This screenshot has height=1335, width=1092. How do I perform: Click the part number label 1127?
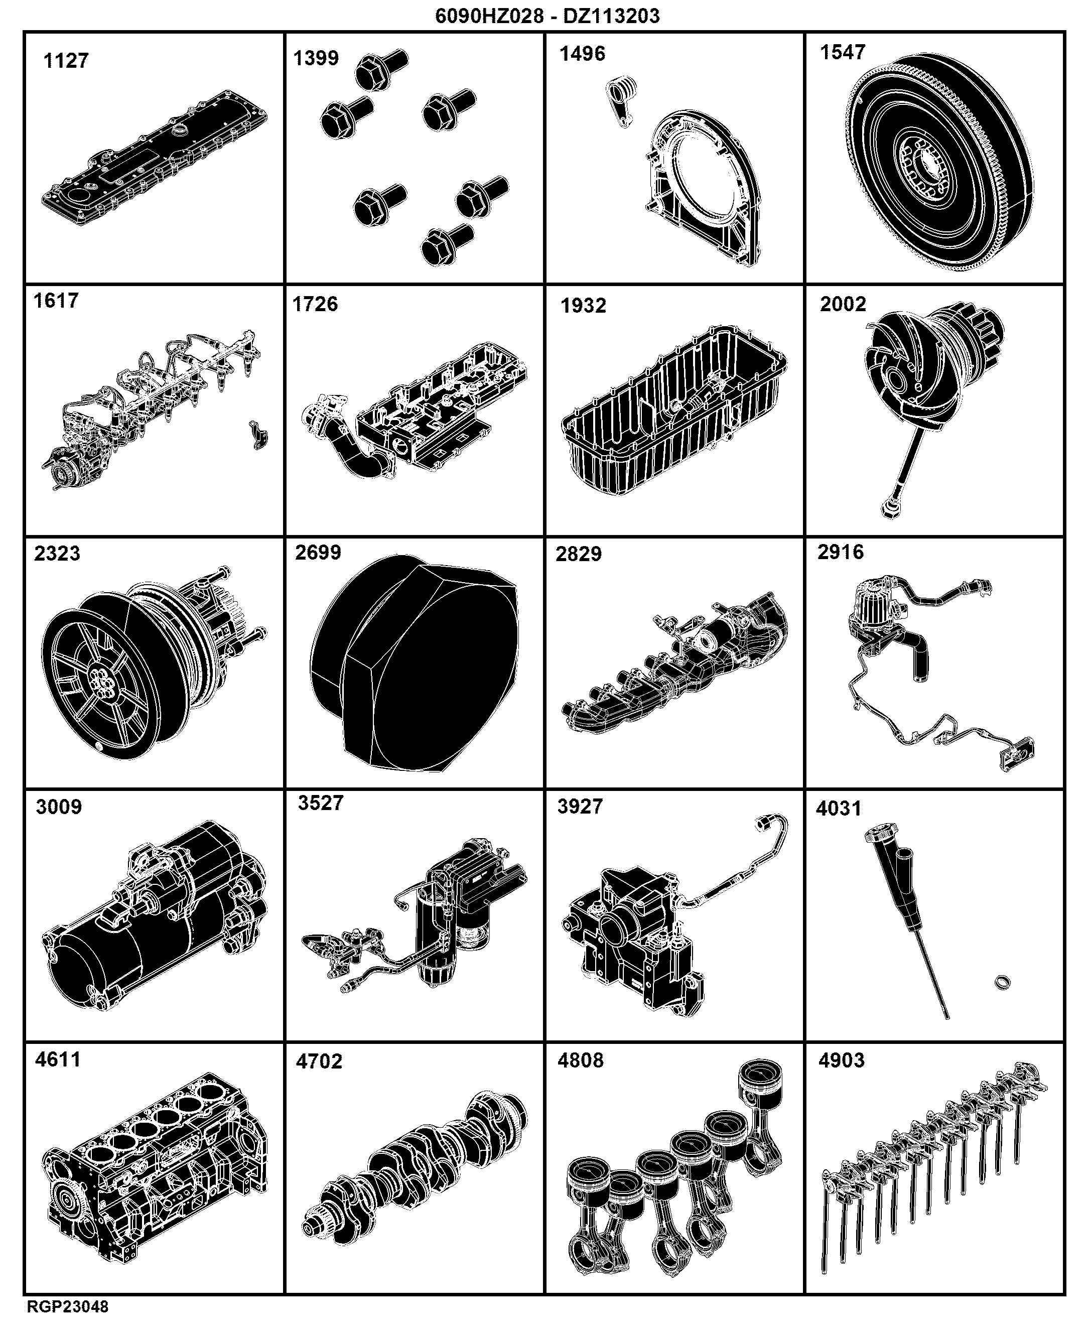(x=66, y=61)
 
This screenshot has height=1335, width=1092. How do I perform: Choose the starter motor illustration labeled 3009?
(x=155, y=915)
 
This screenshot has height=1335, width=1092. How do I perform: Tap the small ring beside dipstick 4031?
(x=1003, y=982)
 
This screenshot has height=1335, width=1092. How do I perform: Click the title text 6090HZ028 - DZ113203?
(x=548, y=16)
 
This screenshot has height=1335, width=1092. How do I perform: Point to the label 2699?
(x=318, y=553)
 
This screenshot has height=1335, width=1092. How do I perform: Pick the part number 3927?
(x=580, y=807)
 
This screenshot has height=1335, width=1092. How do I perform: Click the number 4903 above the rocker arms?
(x=842, y=1060)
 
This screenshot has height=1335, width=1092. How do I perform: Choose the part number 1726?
(x=315, y=304)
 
